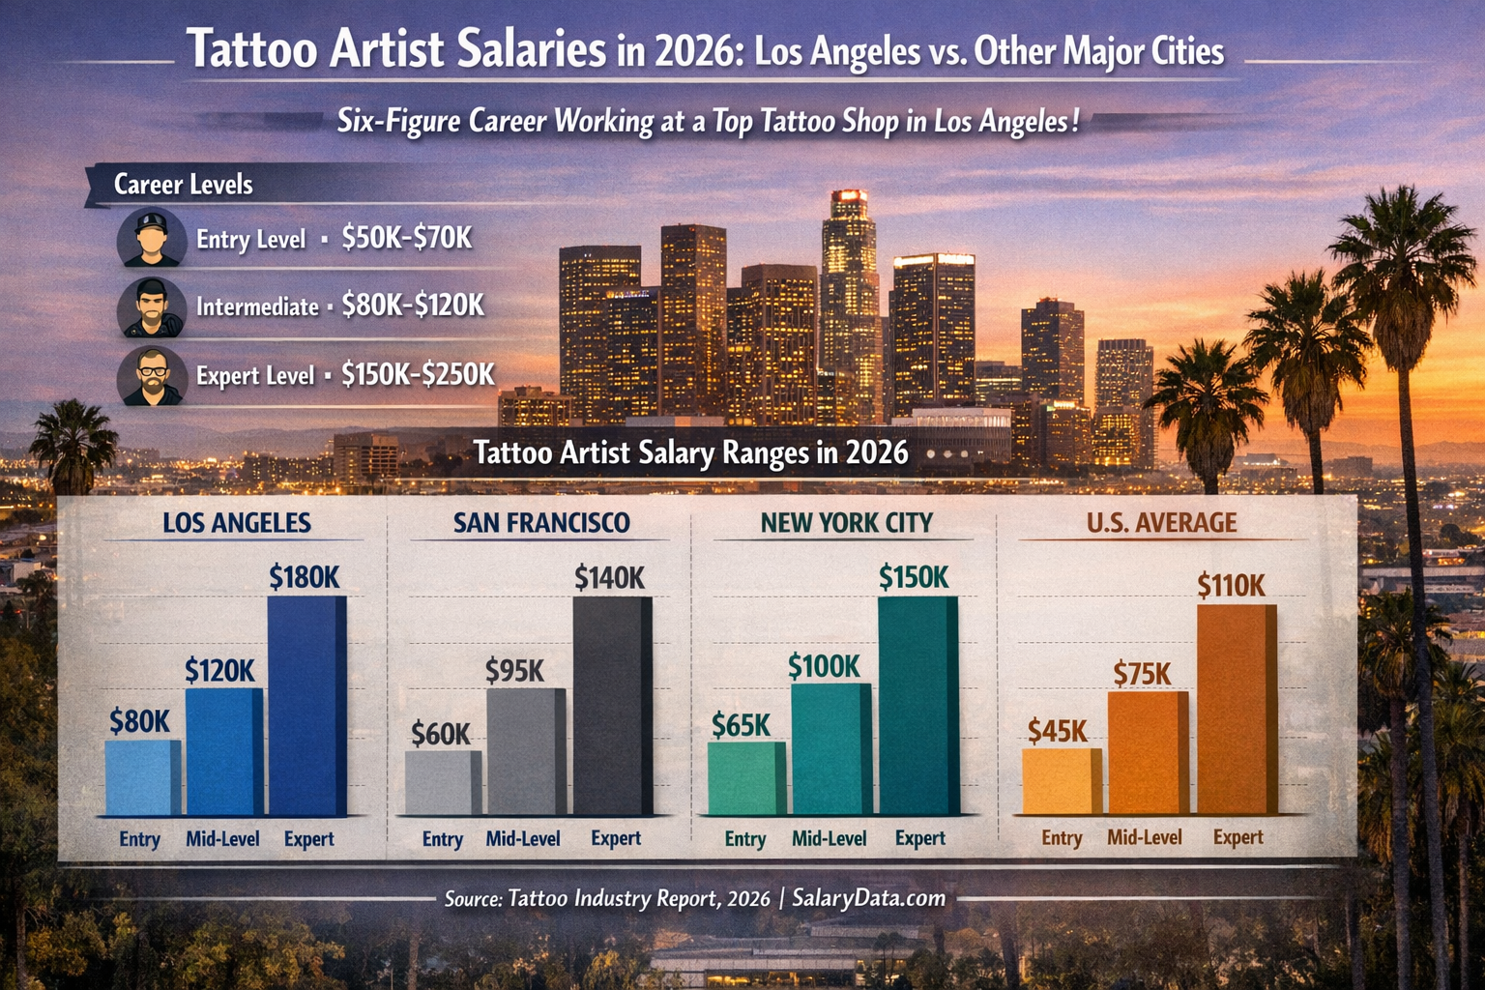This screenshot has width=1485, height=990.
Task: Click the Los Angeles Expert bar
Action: coord(306,706)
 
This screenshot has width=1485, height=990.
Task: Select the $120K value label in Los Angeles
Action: coord(219,670)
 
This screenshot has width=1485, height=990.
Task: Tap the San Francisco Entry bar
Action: coord(442,782)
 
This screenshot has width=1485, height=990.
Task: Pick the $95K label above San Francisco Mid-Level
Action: coord(514,670)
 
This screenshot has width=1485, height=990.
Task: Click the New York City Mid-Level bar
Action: coord(830,749)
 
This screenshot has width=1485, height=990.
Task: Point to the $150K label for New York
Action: coord(914,577)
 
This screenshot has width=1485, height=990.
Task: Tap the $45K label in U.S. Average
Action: coord(1057,731)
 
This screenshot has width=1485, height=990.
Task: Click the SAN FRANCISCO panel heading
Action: coord(541,523)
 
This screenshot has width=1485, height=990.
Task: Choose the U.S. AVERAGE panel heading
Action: coord(1161,523)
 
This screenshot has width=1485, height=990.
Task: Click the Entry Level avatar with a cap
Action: coord(152,238)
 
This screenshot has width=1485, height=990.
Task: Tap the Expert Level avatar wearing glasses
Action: coord(152,376)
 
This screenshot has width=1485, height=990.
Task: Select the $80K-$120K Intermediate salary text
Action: coord(413,306)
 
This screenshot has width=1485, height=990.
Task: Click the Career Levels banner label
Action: coord(183,185)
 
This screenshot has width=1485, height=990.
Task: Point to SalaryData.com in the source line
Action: coord(868,898)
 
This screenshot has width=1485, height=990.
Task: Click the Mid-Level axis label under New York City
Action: coord(829,838)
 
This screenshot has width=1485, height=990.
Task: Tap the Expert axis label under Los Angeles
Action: coord(308,838)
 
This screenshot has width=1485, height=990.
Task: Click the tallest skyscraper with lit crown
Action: coord(849,290)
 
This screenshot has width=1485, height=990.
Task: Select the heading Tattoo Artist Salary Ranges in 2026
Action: coord(690,452)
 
